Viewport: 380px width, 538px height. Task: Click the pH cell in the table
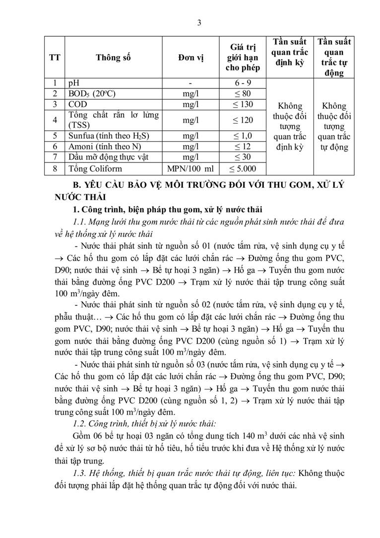click(x=73, y=83)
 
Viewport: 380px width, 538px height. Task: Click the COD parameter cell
click(x=77, y=104)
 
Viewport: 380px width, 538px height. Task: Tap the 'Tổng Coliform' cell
click(x=95, y=169)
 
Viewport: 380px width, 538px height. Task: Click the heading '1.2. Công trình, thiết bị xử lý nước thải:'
click(x=143, y=423)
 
